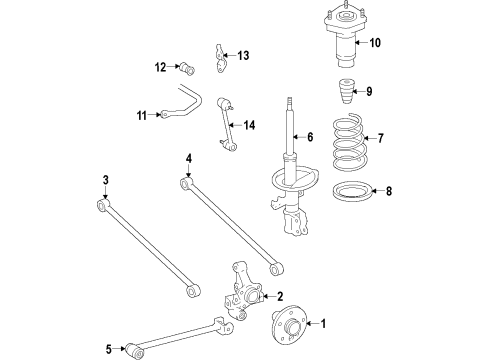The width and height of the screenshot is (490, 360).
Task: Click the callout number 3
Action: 104,180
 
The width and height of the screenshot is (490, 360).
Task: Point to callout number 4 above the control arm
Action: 187,157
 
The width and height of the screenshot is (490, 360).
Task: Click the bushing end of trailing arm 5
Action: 132,350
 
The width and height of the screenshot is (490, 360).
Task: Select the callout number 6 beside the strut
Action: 310,137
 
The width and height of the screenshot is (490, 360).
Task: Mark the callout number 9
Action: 369,92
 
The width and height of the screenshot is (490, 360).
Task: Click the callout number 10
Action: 376,43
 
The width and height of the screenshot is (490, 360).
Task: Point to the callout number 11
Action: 141,116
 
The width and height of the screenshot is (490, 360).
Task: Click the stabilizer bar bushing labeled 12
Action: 186,69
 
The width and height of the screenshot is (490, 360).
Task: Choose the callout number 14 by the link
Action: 248,125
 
